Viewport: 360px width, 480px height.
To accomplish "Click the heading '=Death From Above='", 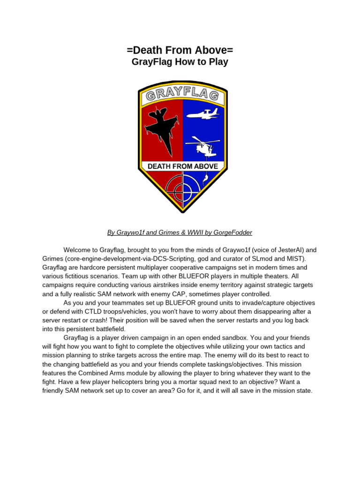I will (x=180, y=50).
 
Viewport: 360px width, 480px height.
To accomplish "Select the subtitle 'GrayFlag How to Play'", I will (x=180, y=62).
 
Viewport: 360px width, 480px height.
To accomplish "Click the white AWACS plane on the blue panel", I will (x=203, y=114).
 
